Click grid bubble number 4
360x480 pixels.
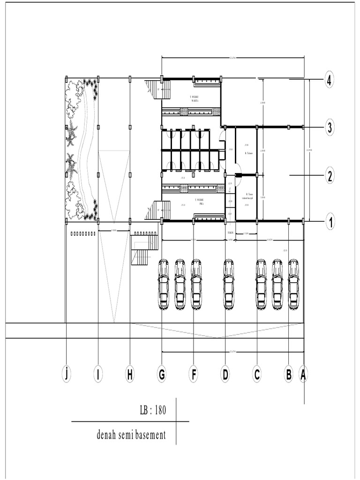pyautogui.click(x=330, y=81)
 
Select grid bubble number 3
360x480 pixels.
pyautogui.click(x=330, y=127)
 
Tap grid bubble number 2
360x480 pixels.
pyautogui.click(x=330, y=176)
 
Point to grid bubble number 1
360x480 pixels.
pyautogui.click(x=330, y=222)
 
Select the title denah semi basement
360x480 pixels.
pyautogui.click(x=131, y=435)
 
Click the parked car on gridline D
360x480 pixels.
pyautogui.click(x=229, y=284)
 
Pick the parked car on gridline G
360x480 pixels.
pyautogui.click(x=164, y=284)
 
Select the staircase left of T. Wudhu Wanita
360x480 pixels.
pyautogui.click(x=152, y=90)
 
